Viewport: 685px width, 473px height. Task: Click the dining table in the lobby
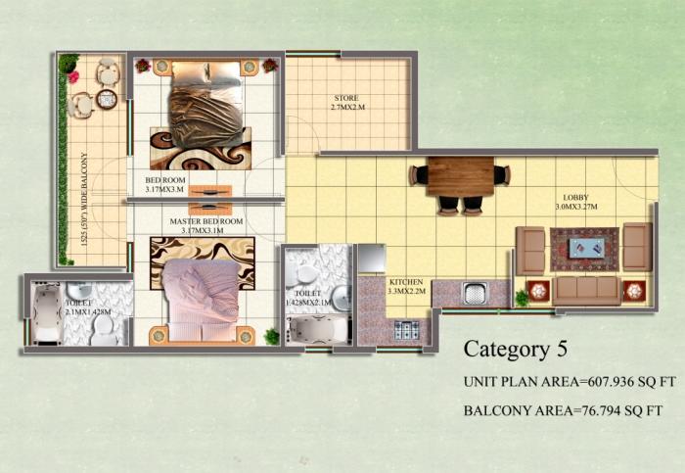(x=460, y=176)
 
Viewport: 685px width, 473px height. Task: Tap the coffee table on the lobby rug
(x=584, y=248)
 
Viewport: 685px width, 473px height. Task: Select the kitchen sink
(x=474, y=293)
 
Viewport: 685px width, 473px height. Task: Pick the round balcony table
(x=106, y=98)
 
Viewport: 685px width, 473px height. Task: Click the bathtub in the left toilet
(x=48, y=313)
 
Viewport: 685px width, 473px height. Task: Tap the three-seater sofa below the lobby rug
(x=586, y=290)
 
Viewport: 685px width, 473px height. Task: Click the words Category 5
(x=515, y=348)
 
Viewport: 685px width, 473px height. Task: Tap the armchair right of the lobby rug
(x=637, y=246)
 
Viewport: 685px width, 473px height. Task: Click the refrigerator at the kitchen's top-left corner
(x=372, y=259)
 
